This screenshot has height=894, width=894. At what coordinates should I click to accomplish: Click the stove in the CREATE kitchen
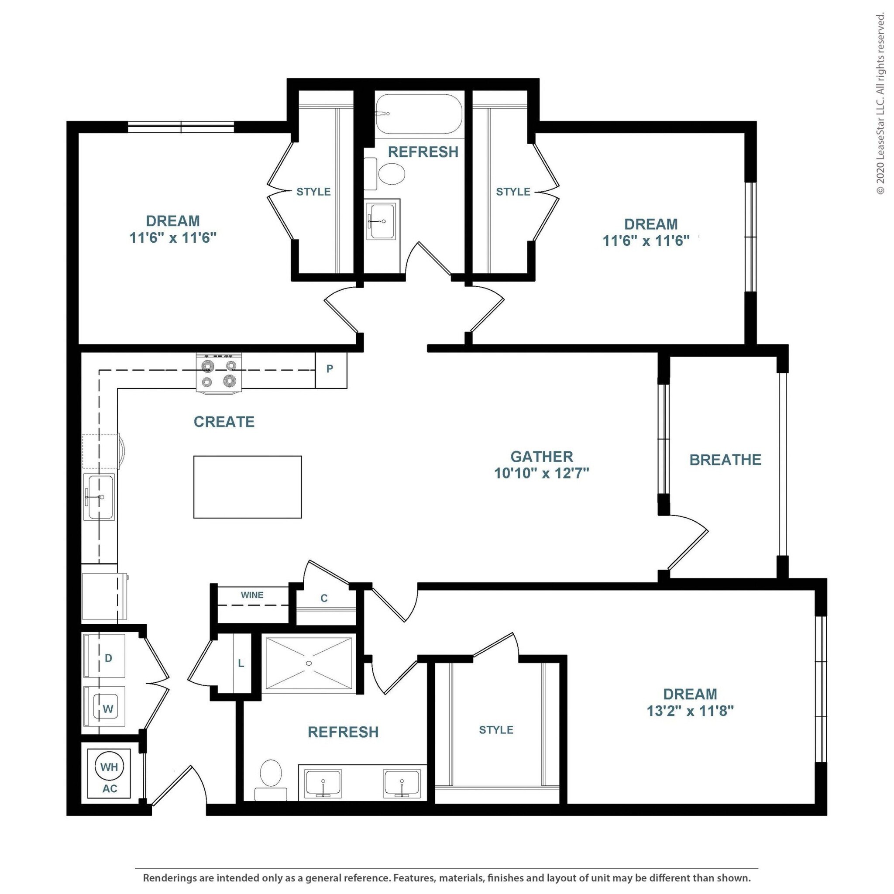219,373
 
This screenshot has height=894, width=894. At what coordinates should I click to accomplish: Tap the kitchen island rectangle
248,487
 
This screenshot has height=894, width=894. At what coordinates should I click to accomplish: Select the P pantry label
330,369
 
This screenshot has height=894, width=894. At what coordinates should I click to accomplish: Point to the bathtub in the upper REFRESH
419,114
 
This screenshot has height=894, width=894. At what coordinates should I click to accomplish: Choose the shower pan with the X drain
309,664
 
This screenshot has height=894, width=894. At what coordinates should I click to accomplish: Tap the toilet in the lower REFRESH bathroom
271,780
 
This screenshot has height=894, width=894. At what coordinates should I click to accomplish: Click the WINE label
252,595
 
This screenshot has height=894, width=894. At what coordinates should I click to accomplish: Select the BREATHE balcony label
725,460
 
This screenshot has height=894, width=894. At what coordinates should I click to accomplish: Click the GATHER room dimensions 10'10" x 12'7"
541,473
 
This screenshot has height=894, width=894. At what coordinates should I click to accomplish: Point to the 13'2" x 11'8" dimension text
690,710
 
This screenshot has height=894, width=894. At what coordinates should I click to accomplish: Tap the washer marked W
104,706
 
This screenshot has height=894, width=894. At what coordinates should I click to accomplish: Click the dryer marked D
104,656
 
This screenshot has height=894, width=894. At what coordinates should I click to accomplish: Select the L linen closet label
241,664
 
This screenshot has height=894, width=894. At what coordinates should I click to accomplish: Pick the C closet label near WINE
324,598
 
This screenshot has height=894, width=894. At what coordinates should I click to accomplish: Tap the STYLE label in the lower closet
496,730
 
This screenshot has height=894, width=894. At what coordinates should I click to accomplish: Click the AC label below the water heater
110,788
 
